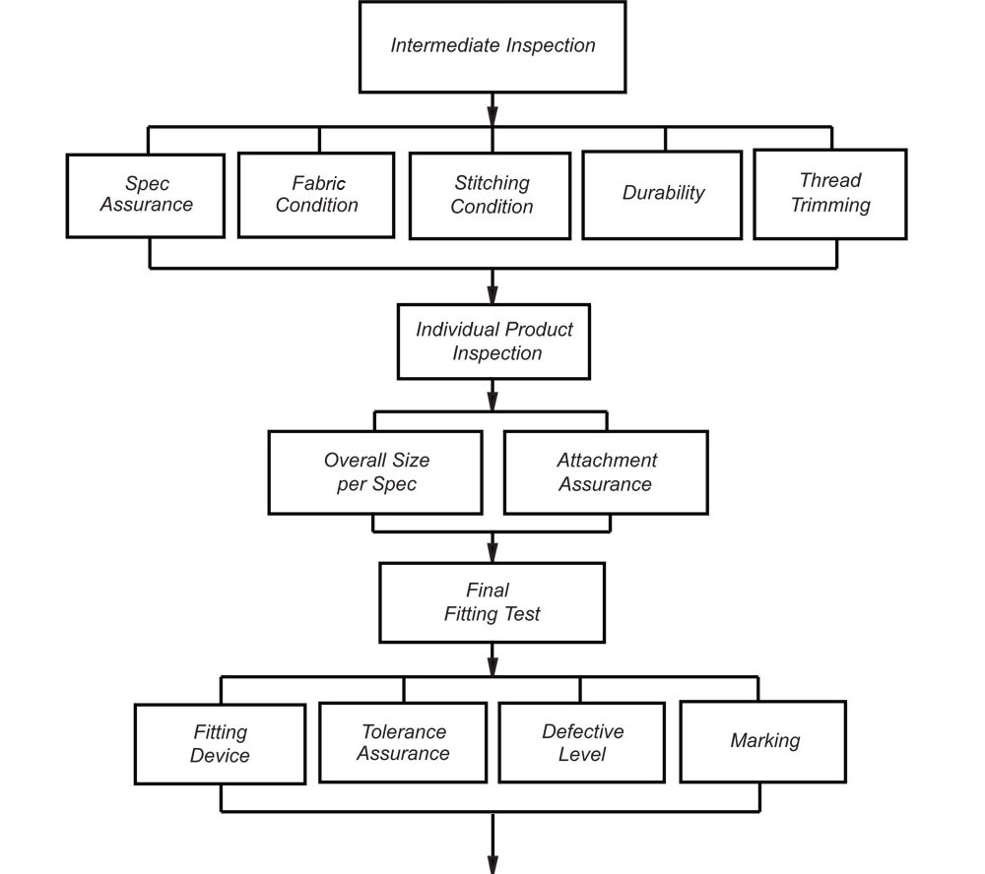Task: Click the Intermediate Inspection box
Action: pyautogui.click(x=492, y=47)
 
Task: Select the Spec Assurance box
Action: pyautogui.click(x=146, y=196)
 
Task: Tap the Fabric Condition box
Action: pyautogui.click(x=316, y=195)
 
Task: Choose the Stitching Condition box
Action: pyautogui.click(x=490, y=196)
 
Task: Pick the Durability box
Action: pyautogui.click(x=662, y=195)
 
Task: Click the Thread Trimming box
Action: pyautogui.click(x=829, y=195)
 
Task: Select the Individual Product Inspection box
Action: pyautogui.click(x=493, y=342)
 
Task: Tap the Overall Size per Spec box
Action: pyautogui.click(x=375, y=472)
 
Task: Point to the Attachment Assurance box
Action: pyautogui.click(x=606, y=472)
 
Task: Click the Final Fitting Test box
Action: pyautogui.click(x=492, y=602)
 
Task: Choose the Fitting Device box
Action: pyautogui.click(x=221, y=744)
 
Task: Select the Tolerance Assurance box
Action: pyautogui.click(x=403, y=743)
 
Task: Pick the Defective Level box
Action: pyautogui.click(x=582, y=743)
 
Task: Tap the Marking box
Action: pyautogui.click(x=763, y=741)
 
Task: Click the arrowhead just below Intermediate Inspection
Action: pyautogui.click(x=492, y=116)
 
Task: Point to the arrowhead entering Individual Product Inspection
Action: pyautogui.click(x=492, y=294)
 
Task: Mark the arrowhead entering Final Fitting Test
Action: pyautogui.click(x=492, y=552)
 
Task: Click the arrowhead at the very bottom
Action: pyautogui.click(x=492, y=863)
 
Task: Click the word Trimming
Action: pyautogui.click(x=830, y=206)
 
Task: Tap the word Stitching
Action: pyautogui.click(x=492, y=183)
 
